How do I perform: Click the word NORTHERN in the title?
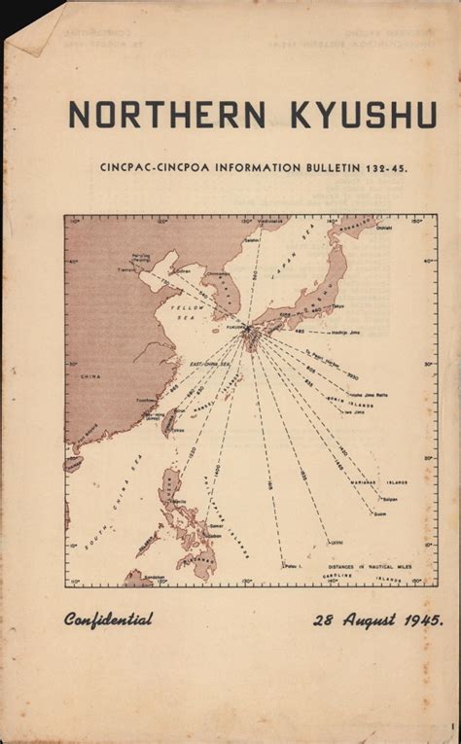166,115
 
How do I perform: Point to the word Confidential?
108,619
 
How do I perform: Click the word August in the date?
360,620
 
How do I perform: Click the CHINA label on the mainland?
89,374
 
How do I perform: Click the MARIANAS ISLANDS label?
384,481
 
